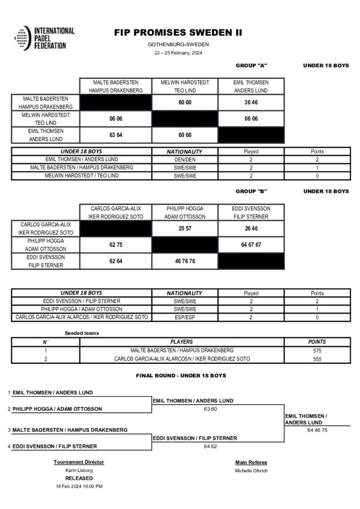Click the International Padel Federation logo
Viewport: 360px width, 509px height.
[44, 38]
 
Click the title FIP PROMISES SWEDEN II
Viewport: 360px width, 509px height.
[179, 33]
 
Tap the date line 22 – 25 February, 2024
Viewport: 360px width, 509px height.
[178, 53]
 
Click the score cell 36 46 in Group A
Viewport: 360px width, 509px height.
[251, 102]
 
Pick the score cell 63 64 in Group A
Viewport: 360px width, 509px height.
[116, 135]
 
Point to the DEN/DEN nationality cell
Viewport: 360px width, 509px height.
[184, 159]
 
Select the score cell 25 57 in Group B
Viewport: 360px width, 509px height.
[184, 228]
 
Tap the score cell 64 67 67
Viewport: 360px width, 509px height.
[251, 245]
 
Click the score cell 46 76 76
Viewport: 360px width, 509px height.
[184, 260]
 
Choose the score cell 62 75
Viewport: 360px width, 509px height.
[116, 245]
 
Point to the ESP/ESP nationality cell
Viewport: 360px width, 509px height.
[184, 317]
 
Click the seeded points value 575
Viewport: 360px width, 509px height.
[317, 350]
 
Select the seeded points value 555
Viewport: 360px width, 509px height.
[317, 359]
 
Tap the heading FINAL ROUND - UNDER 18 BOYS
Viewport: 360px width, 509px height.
[181, 376]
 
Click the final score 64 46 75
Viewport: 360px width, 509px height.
[317, 430]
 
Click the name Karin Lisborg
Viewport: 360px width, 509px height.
[79, 470]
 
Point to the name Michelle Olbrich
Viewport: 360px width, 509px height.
[251, 470]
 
